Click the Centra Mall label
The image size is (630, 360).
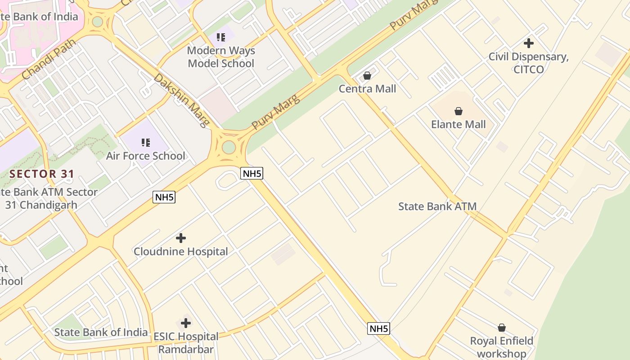(x=367, y=89)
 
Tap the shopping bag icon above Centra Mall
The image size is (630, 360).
(x=367, y=76)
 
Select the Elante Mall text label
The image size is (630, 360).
(x=458, y=124)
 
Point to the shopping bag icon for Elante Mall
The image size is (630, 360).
(x=459, y=111)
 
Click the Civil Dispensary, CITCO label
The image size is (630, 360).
(x=529, y=63)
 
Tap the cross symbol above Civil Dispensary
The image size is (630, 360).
(x=529, y=43)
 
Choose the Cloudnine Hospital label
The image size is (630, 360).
(x=180, y=252)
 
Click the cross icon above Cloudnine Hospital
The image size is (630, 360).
(x=181, y=238)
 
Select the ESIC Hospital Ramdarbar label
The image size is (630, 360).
(x=186, y=343)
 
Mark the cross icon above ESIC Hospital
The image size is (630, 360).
(x=186, y=323)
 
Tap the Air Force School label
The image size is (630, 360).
(x=145, y=156)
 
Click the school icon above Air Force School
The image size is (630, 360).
(x=145, y=143)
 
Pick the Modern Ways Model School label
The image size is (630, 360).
(x=220, y=57)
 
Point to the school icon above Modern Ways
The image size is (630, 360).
(x=220, y=37)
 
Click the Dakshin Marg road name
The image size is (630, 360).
(x=181, y=100)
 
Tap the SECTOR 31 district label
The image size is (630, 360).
(x=42, y=174)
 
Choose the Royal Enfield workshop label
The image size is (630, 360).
(x=501, y=347)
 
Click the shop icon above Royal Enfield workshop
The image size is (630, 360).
(x=502, y=328)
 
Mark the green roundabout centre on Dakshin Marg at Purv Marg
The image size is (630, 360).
(x=229, y=147)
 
